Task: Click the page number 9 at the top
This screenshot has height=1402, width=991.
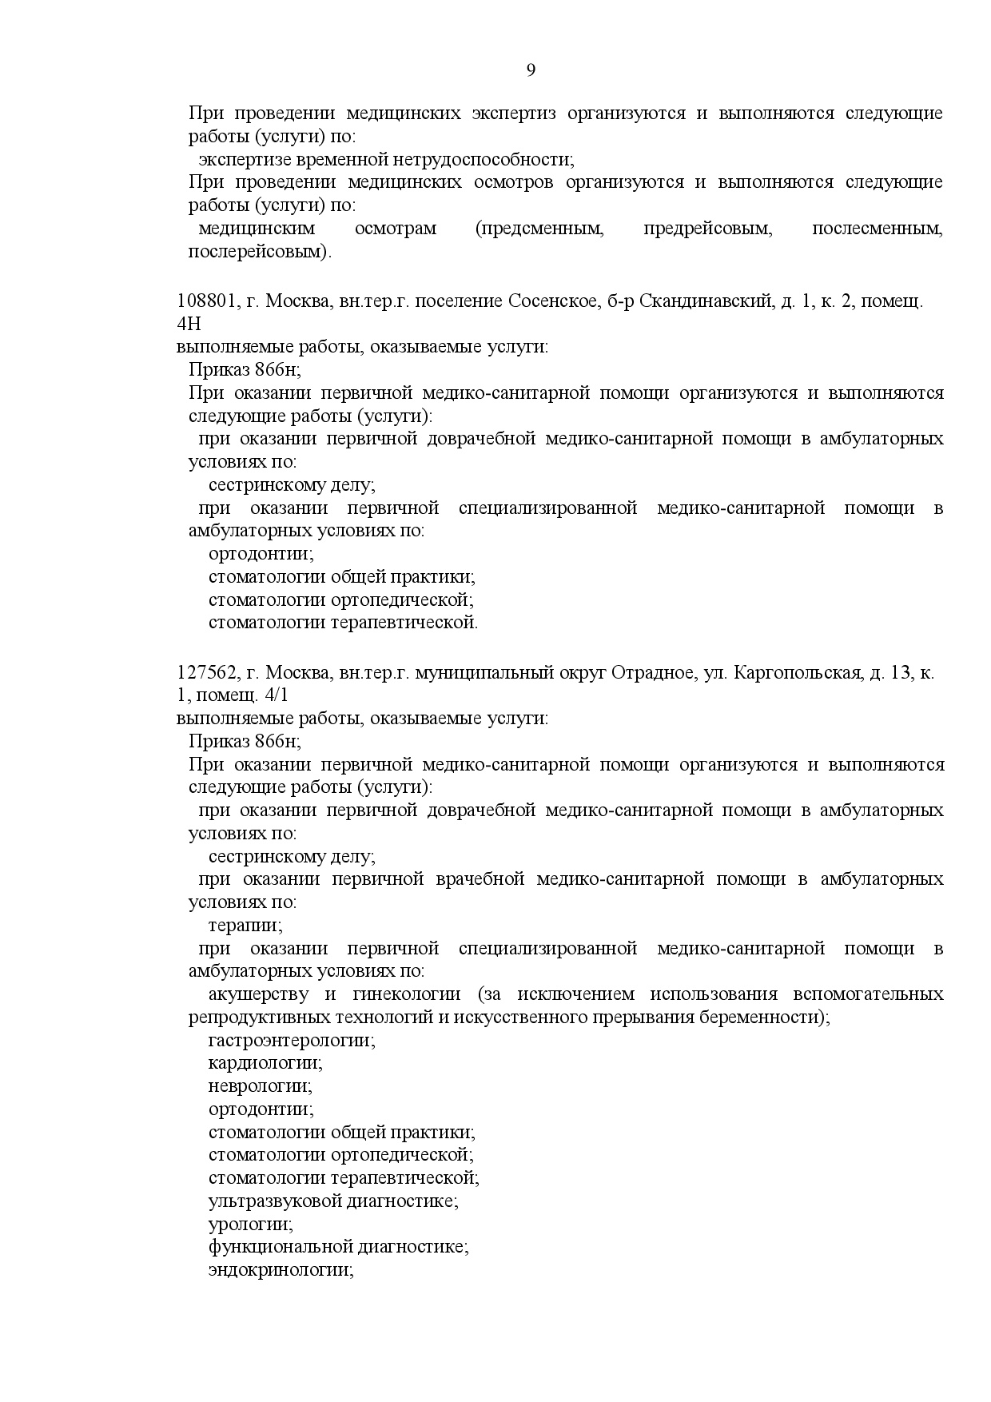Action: click(531, 71)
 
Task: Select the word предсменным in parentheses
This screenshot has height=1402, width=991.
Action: click(539, 229)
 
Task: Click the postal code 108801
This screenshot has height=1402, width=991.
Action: click(206, 301)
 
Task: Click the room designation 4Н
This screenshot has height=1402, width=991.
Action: click(189, 324)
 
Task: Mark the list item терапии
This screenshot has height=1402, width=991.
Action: click(245, 926)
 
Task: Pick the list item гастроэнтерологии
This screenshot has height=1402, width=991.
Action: click(292, 1041)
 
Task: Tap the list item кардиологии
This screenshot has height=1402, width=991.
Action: click(265, 1063)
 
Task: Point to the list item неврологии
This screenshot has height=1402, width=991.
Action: click(260, 1086)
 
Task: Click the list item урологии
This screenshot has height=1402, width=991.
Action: click(250, 1224)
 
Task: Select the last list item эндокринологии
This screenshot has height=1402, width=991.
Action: click(281, 1270)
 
